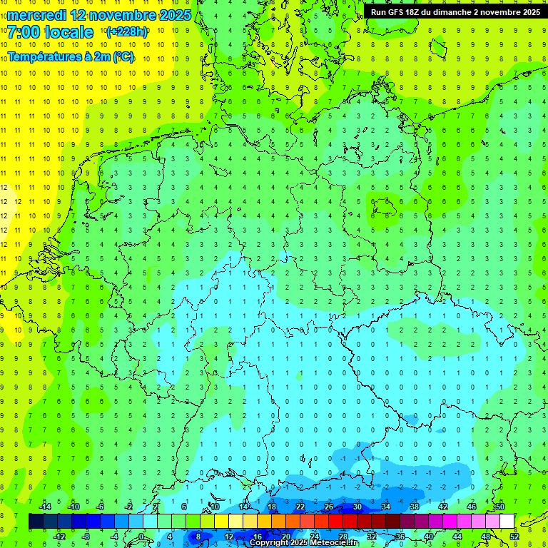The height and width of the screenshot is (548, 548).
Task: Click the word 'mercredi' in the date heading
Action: click(37, 15)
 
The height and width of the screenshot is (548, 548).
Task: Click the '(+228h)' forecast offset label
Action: click(127, 31)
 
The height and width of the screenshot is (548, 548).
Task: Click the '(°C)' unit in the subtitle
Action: click(122, 57)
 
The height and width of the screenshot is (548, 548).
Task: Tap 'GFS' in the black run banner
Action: click(396, 12)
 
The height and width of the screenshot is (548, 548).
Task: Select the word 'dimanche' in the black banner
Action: click(453, 12)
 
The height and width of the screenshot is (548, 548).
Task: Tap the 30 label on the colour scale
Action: click(357, 507)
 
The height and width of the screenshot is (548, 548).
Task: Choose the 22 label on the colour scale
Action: click(300, 507)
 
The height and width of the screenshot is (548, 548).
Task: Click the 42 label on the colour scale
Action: click(443, 507)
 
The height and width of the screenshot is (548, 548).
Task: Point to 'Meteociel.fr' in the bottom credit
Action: click(333, 543)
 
